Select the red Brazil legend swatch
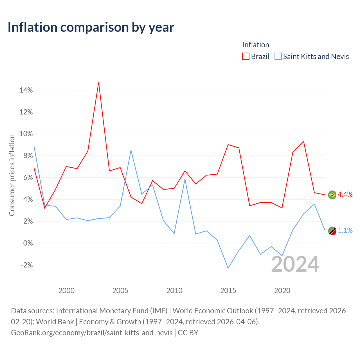click(x=246, y=56)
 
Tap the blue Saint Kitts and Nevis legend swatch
click(x=278, y=56)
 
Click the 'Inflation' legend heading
click(x=256, y=45)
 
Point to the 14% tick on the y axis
click(x=26, y=90)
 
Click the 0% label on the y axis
click(x=28, y=243)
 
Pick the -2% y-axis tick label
click(x=27, y=265)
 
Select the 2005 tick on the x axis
click(x=120, y=291)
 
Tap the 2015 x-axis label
click(x=228, y=291)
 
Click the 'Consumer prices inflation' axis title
click(x=12, y=175)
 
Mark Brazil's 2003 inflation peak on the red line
click(x=99, y=83)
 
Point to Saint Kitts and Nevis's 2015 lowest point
click(x=228, y=268)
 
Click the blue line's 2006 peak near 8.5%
click(x=131, y=150)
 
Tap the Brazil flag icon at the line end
click(x=332, y=195)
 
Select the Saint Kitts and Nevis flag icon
click(x=332, y=231)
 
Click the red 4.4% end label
click(x=345, y=194)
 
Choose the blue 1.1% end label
click(x=345, y=231)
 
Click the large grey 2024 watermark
click(x=295, y=264)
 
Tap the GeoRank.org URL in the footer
click(x=92, y=333)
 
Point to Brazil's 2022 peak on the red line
click(x=303, y=141)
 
